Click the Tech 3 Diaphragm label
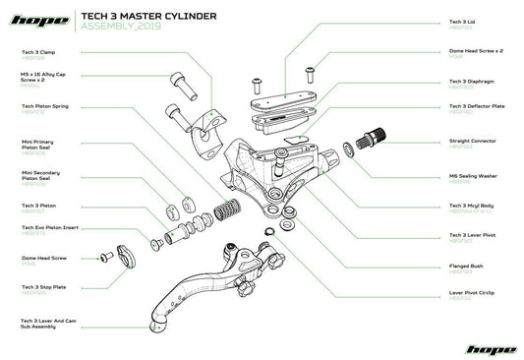(468, 81)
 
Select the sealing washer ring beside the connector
(348, 150)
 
